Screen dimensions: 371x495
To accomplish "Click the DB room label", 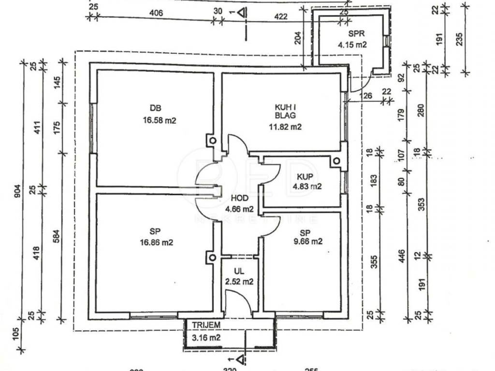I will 155,108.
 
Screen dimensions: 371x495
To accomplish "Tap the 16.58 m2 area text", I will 160,120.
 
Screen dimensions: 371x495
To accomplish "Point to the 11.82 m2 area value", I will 286,127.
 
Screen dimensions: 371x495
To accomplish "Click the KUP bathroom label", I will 304,177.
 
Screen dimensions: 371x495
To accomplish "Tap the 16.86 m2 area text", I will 157,242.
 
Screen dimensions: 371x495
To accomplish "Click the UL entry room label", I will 239,271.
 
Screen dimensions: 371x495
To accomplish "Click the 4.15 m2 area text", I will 352,44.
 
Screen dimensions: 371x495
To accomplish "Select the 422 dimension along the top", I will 280,16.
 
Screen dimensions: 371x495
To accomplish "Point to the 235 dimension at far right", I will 460,38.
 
